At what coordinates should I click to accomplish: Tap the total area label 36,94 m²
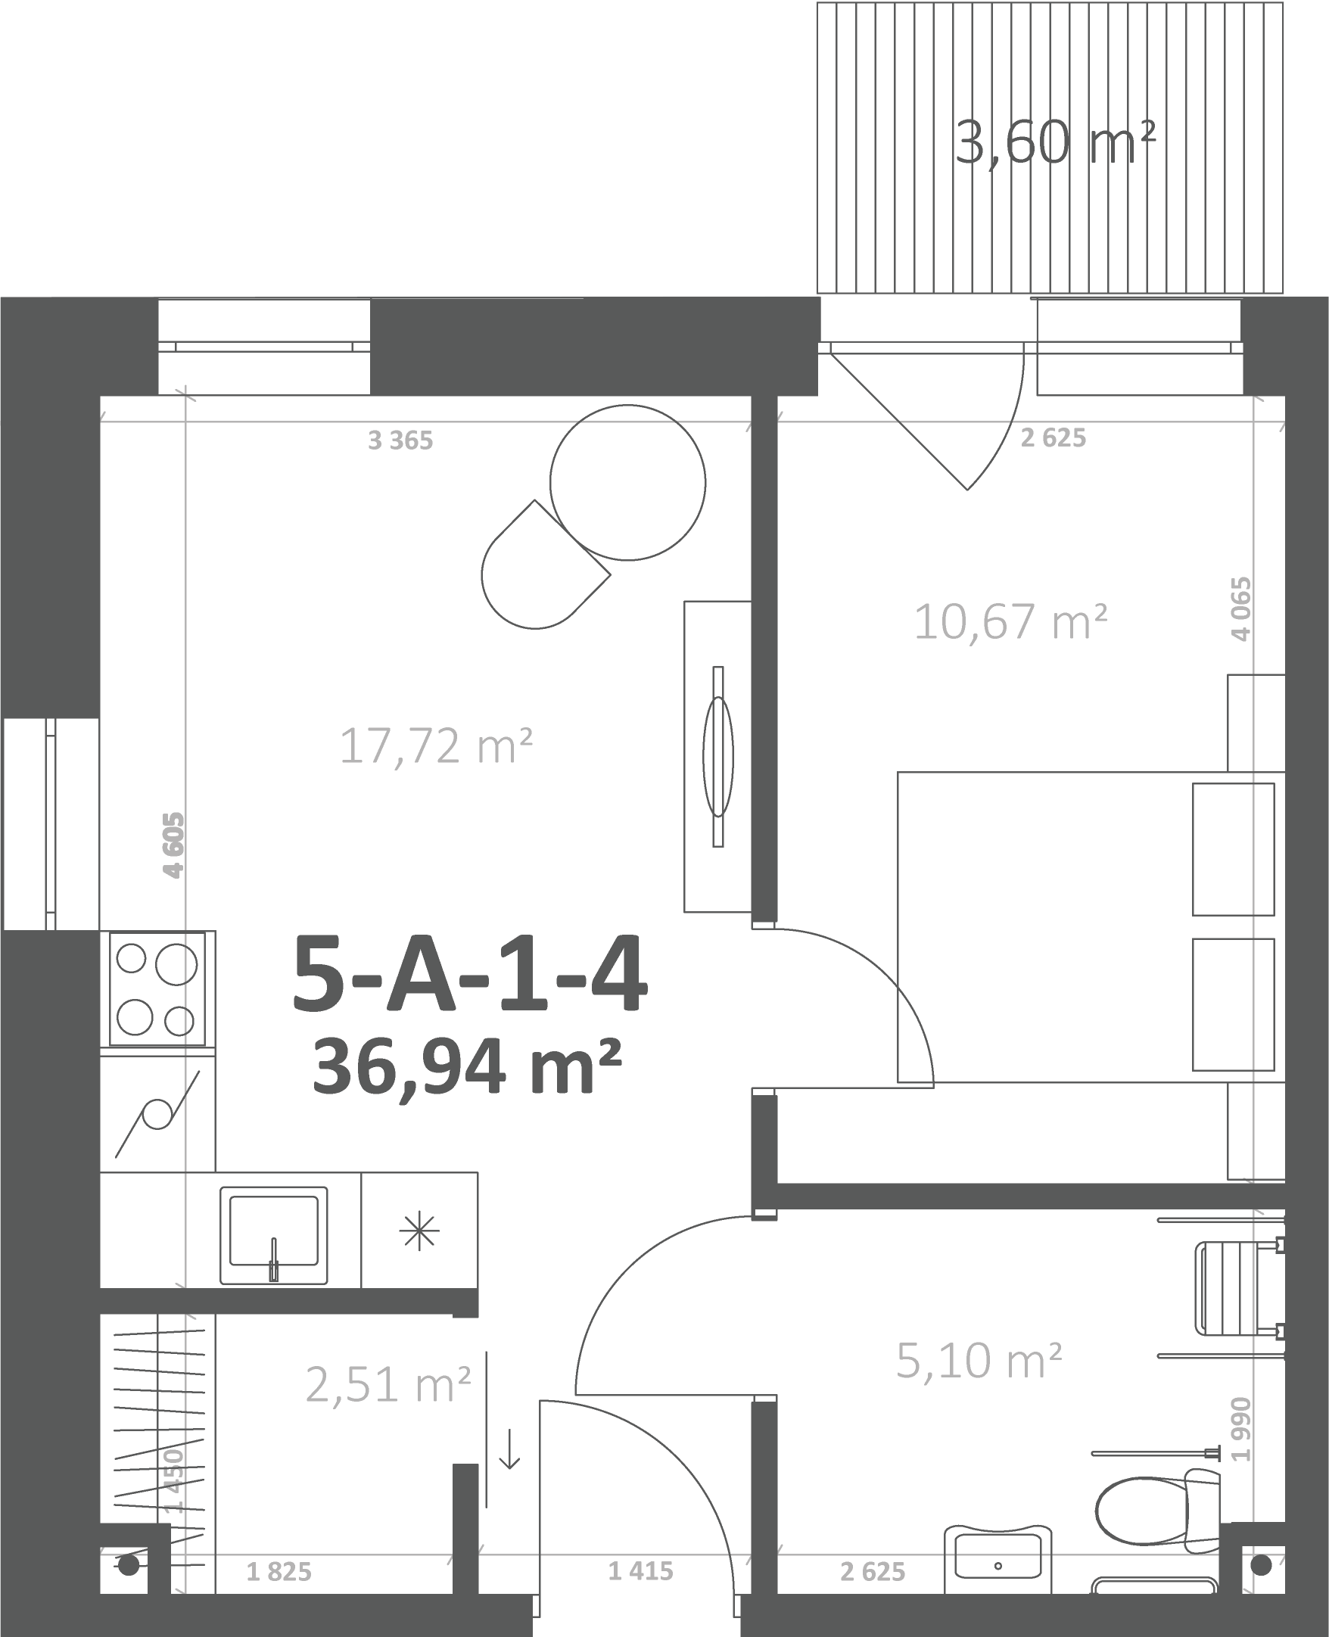(466, 1066)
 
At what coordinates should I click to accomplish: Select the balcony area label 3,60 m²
(1055, 143)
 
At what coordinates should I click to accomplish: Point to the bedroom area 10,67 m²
(1010, 621)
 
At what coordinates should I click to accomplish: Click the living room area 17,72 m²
(436, 745)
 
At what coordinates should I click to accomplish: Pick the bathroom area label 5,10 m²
(979, 1361)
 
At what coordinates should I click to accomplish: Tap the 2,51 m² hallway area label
(387, 1384)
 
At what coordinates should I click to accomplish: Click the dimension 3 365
(400, 441)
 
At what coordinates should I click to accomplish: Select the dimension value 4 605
(174, 845)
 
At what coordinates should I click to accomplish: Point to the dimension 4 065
(1241, 608)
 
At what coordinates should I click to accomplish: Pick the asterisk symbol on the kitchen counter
(419, 1233)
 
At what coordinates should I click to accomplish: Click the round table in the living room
(627, 482)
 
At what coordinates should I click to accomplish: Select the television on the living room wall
(718, 757)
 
